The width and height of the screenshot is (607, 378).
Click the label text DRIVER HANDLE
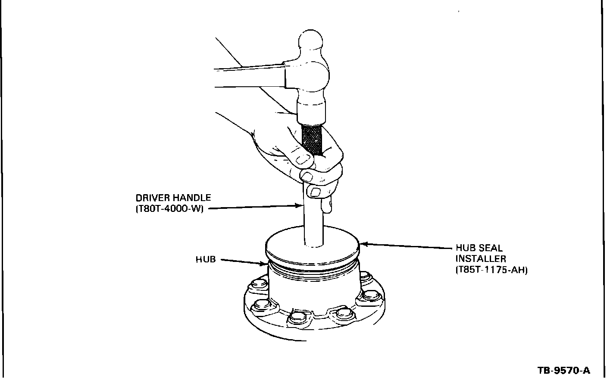tap(173, 198)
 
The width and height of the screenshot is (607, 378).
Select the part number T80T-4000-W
tap(169, 209)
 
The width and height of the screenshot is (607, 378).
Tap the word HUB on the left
tap(206, 259)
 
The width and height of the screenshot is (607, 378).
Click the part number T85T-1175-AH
tap(491, 270)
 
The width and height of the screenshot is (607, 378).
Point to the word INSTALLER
tap(480, 259)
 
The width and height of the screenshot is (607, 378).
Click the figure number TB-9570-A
tap(563, 370)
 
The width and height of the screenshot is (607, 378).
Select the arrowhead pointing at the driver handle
tap(300, 206)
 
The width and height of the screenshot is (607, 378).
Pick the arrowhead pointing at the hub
tap(263, 263)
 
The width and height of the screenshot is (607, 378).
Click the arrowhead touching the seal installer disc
tap(364, 244)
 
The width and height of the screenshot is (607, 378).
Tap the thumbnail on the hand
tap(302, 160)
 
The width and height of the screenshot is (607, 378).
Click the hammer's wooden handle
tap(249, 77)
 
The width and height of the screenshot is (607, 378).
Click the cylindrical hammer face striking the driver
tap(311, 113)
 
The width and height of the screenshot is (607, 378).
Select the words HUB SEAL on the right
tap(479, 248)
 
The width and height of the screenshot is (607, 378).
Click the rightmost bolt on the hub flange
tap(371, 295)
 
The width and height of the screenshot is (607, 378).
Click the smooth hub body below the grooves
tap(314, 296)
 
